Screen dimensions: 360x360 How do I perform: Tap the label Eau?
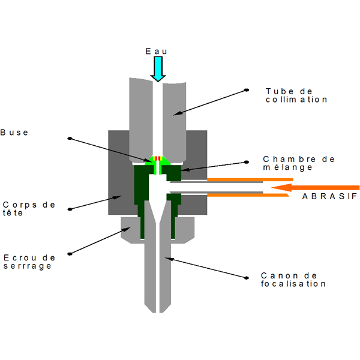[157, 52]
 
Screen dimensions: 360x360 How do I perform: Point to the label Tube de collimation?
[296, 95]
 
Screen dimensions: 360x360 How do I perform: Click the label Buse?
[15, 132]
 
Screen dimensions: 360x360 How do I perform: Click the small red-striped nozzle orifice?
[158, 158]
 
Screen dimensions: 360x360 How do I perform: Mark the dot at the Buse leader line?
[70, 139]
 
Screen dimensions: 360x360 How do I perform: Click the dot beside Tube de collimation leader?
[247, 90]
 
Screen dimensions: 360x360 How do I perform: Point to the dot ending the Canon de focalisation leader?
[247, 277]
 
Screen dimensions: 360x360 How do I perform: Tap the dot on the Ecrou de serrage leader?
[70, 254]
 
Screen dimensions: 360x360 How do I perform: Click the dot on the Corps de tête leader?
[70, 209]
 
